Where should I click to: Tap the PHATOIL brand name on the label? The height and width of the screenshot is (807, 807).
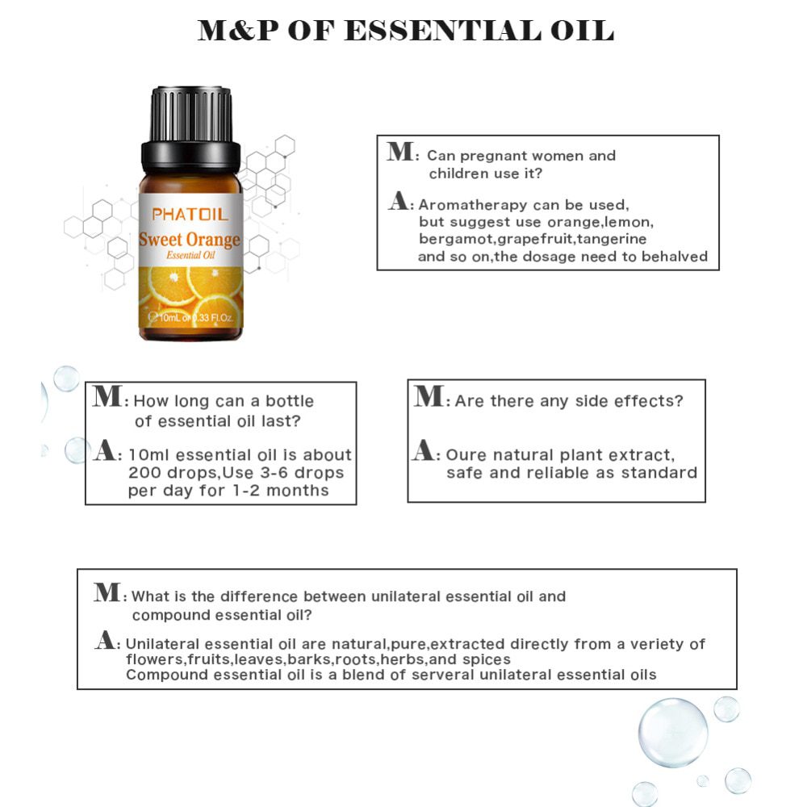click(x=190, y=215)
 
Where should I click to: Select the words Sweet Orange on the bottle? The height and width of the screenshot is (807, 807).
click(x=190, y=240)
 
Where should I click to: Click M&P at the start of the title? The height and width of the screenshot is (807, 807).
click(x=237, y=31)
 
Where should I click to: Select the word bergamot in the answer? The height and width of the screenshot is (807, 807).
click(x=456, y=239)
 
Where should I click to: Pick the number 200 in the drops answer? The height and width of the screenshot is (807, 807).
click(x=144, y=473)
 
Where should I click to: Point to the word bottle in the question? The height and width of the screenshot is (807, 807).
click(x=290, y=401)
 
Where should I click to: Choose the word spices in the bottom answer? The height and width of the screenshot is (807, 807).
click(x=487, y=659)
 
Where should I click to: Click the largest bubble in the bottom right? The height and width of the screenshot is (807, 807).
click(x=672, y=732)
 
